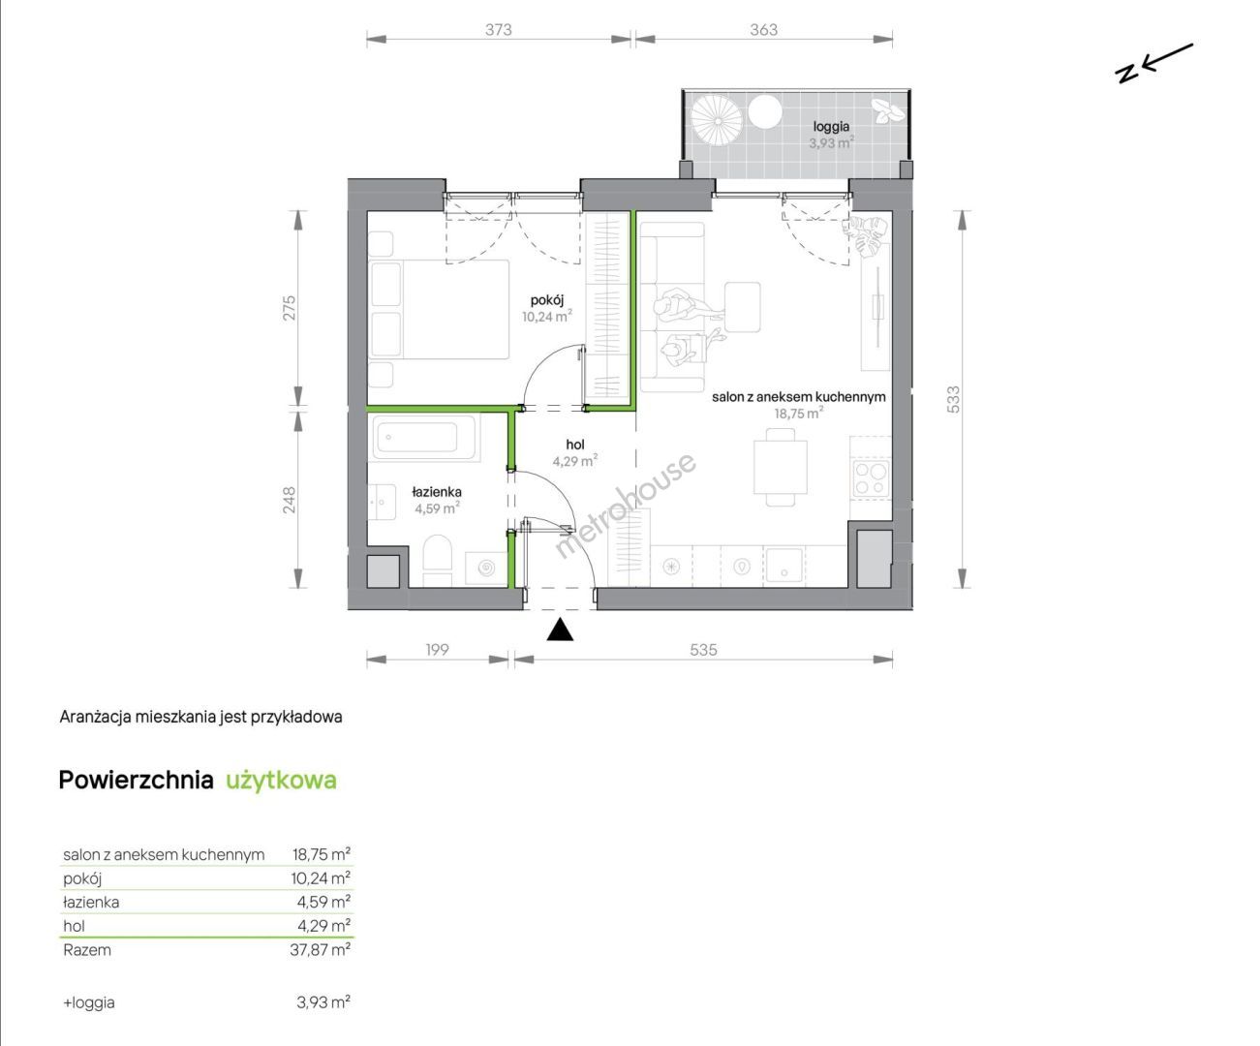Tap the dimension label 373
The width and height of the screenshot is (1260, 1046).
(x=499, y=30)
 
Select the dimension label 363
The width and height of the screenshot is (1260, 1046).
(x=763, y=30)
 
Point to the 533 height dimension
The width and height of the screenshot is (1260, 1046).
(x=952, y=400)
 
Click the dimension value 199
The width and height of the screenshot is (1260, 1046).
(x=438, y=650)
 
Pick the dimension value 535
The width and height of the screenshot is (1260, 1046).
(x=704, y=650)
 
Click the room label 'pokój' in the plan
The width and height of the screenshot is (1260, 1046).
(x=547, y=300)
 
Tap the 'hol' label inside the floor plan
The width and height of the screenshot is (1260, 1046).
(x=575, y=445)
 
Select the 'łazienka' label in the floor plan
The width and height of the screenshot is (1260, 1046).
(x=437, y=492)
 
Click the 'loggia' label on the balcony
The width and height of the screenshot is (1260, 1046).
(x=831, y=127)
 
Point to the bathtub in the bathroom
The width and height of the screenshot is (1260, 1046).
(x=423, y=437)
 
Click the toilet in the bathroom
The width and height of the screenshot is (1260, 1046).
(x=438, y=561)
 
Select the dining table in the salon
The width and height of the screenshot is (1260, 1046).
(x=781, y=467)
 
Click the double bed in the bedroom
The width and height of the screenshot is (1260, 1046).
(x=438, y=310)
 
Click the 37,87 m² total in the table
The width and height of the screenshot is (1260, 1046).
(x=320, y=950)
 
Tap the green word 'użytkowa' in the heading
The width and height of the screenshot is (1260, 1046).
(x=281, y=781)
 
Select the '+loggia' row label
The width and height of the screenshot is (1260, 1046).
(x=89, y=1002)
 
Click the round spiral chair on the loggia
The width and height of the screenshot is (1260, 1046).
(x=717, y=120)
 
